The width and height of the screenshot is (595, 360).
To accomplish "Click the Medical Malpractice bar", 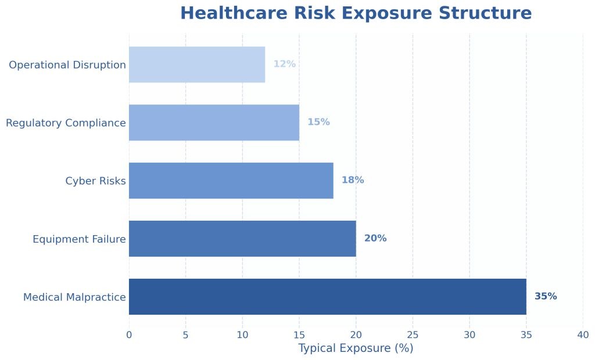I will [x=327, y=297].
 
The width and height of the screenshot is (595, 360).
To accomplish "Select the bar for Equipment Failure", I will [x=242, y=239].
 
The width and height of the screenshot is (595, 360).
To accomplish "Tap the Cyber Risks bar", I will [x=231, y=181].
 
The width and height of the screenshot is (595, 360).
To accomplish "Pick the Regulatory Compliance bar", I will [x=214, y=123].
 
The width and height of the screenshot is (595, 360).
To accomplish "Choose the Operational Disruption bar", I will [x=197, y=64].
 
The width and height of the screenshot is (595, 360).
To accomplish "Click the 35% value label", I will [x=546, y=296].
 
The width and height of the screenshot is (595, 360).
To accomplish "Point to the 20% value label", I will [x=375, y=238].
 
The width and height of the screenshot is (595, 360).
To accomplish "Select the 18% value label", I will [x=353, y=180].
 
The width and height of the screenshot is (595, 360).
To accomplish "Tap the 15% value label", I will [x=318, y=122].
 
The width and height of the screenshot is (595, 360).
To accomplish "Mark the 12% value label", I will [x=285, y=64].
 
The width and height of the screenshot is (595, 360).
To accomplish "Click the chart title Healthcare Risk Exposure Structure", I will [x=356, y=13].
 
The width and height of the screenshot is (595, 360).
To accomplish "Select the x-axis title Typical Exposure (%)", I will [x=356, y=348].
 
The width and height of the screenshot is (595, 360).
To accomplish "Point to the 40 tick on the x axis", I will [x=583, y=334].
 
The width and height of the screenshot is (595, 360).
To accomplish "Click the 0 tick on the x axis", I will [x=129, y=334].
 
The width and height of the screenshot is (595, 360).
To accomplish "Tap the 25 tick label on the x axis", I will [x=413, y=334].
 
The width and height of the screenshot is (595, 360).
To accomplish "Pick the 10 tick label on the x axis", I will [x=242, y=334].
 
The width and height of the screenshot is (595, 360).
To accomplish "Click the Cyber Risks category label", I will [x=95, y=181].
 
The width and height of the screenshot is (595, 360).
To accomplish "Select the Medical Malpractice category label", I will [x=74, y=297].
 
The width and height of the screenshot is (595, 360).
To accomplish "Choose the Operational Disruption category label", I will [x=67, y=65].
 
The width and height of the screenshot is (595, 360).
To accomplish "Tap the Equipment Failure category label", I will [x=79, y=239].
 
